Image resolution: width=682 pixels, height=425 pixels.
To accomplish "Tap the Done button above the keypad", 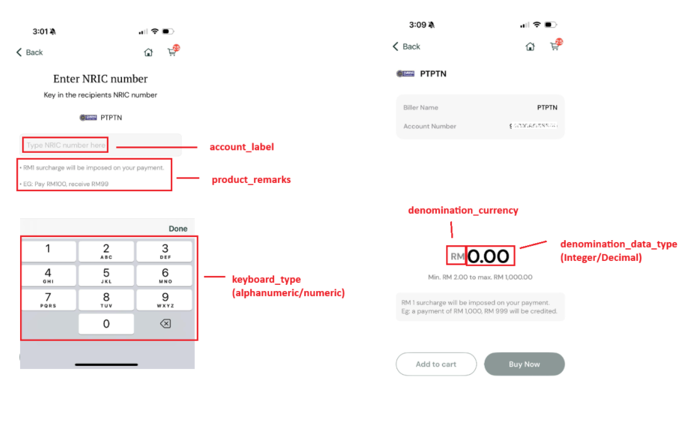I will point(178,229).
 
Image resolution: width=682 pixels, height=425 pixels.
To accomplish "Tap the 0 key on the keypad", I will point(106,324).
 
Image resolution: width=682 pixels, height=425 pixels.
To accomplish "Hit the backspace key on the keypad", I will point(165,324).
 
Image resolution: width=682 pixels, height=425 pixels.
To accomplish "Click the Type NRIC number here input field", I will point(66,145).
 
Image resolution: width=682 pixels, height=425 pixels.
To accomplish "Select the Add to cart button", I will point(436,364).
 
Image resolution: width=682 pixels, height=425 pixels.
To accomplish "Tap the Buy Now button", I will point(524,364).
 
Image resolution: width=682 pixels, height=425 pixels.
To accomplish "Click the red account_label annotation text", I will point(241,147).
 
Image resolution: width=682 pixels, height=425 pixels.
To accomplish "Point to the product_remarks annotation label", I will point(251,180).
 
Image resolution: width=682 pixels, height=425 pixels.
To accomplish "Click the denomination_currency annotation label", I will point(463,211).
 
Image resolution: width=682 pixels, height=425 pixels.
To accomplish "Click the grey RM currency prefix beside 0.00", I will point(457,257).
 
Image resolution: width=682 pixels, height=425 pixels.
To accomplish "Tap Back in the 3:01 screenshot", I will point(30,52).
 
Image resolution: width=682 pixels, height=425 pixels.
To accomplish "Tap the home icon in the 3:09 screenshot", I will point(530,47).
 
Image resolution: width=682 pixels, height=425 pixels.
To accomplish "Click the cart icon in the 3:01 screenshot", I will point(172,52).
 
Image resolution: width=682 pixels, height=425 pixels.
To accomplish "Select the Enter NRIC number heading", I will point(101,79).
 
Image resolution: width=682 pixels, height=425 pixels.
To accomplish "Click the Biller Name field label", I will point(421,108).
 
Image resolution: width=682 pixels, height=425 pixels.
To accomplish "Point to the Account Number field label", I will point(429,126).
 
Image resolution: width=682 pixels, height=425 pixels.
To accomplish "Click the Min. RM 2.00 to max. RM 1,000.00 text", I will point(480,277).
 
